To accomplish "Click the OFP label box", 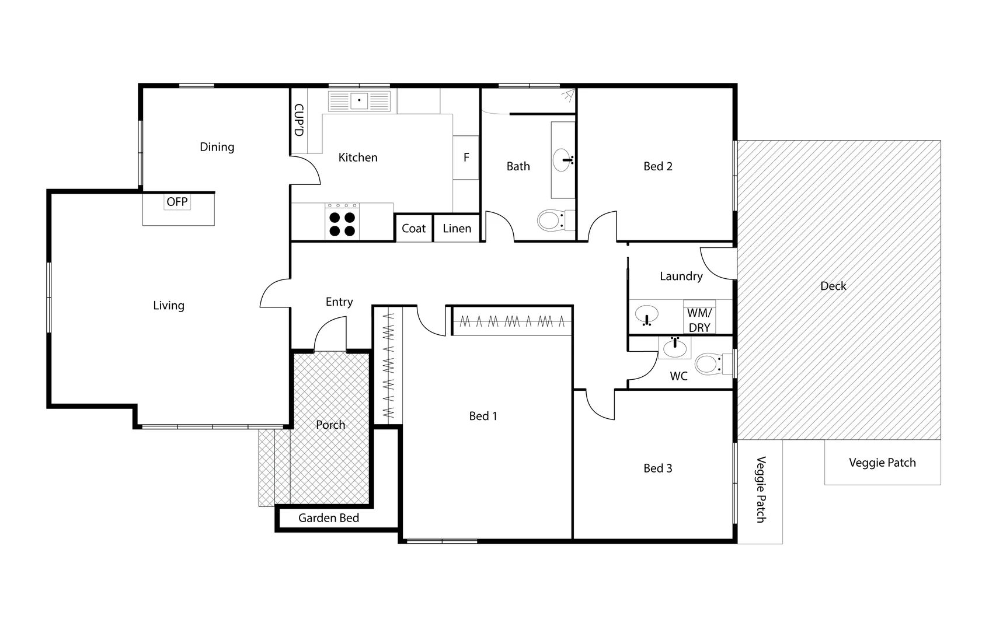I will coord(177,202).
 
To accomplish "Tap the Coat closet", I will coord(414,228).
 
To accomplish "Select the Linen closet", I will coord(457,228).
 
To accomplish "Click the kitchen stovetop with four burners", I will coord(342,222).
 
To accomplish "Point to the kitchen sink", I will coord(358,101).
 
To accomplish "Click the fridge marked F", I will coord(466,157).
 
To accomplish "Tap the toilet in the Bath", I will coord(551,220).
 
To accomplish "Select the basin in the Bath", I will coord(563,159).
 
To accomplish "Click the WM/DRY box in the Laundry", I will coord(699,320).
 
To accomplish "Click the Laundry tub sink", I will coord(646,314).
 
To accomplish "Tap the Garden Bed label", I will coord(328,518).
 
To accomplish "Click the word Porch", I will coord(330,425).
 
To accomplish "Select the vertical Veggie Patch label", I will coord(760,489).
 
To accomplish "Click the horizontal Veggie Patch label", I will coord(882,463).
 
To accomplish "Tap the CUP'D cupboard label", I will coord(298,120).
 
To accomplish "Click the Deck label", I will coord(833,286).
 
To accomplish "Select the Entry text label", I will coord(339,302).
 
